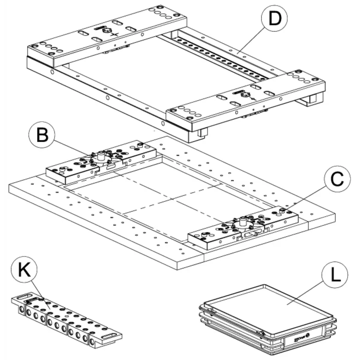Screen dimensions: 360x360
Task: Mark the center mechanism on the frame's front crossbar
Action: point(246,95)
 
